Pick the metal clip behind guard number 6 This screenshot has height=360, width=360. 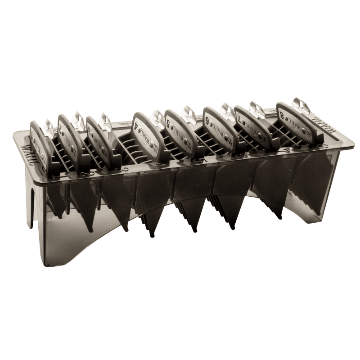click(x=225, y=111)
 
